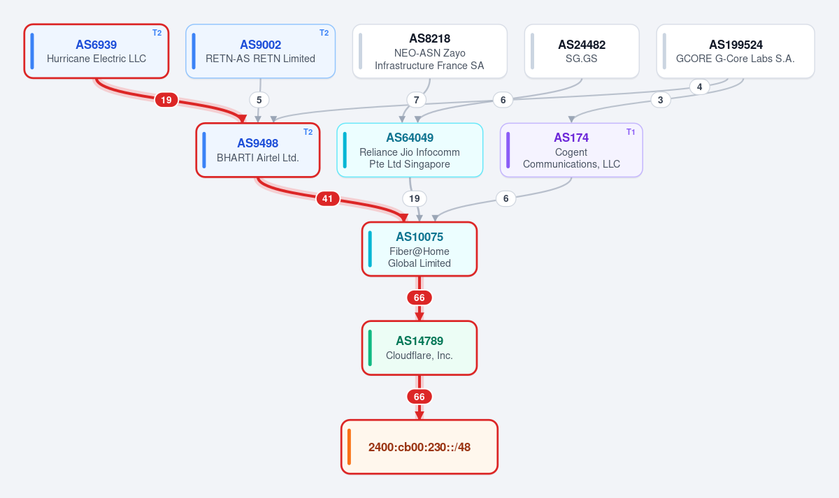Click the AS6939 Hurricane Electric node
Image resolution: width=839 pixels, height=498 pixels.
pyautogui.click(x=96, y=51)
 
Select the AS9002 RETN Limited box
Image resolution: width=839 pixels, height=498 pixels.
pyautogui.click(x=260, y=51)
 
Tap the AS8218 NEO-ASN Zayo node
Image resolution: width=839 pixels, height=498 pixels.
pyautogui.click(x=429, y=51)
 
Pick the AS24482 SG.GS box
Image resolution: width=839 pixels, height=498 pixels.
pyautogui.click(x=582, y=51)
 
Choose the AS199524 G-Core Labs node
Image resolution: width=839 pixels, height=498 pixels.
pyautogui.click(x=736, y=51)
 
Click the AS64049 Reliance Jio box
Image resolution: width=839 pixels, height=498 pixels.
pyautogui.click(x=410, y=150)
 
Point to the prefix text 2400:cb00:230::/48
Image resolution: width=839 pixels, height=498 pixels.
pyautogui.click(x=419, y=447)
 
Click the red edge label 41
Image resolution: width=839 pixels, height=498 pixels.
pyautogui.click(x=328, y=198)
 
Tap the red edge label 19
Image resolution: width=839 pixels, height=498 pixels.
pyautogui.click(x=166, y=100)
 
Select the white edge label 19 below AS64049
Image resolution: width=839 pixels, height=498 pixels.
pyautogui.click(x=414, y=198)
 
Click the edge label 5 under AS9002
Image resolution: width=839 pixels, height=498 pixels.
pyautogui.click(x=259, y=100)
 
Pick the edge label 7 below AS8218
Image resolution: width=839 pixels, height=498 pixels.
pyautogui.click(x=416, y=100)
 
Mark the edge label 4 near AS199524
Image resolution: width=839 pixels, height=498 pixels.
pyautogui.click(x=699, y=87)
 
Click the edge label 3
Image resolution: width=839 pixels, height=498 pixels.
pyautogui.click(x=660, y=100)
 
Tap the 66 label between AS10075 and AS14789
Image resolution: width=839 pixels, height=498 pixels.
pyautogui.click(x=419, y=298)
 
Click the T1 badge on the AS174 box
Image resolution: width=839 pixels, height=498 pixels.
pyautogui.click(x=631, y=132)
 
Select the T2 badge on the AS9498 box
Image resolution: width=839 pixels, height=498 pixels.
pyautogui.click(x=308, y=132)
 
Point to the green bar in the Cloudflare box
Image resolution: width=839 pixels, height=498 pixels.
pyautogui.click(x=370, y=348)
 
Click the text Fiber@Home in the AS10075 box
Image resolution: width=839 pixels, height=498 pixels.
pyautogui.click(x=419, y=251)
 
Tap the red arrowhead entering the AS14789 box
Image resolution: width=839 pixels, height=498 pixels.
pyautogui.click(x=419, y=316)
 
